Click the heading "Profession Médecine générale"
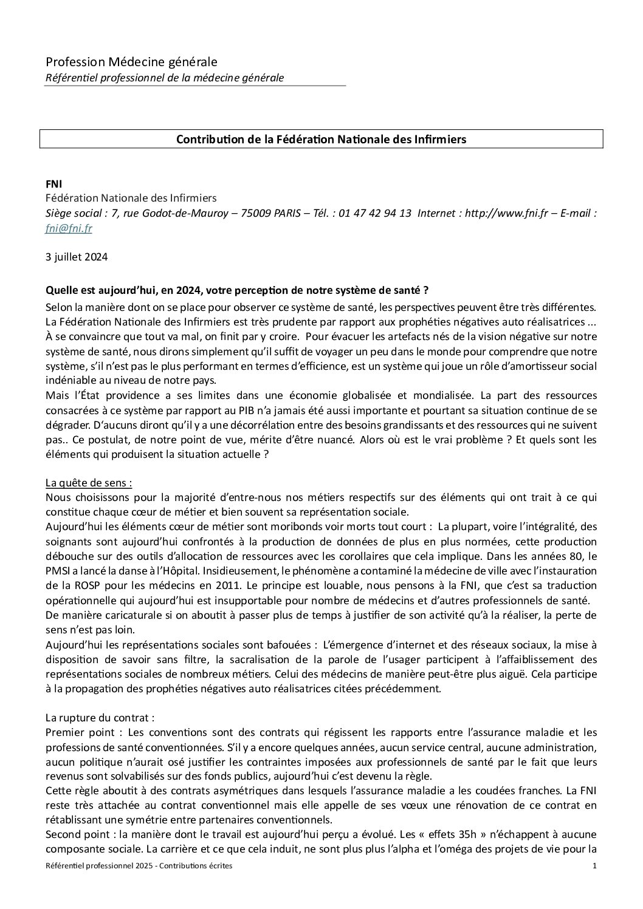click(131, 62)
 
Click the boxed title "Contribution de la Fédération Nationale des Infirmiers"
click(321, 139)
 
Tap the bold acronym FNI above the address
click(55, 183)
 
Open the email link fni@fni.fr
click(69, 229)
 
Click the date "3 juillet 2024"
click(77, 257)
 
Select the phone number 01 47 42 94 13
click(375, 213)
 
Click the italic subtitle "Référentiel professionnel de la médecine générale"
click(165, 78)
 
